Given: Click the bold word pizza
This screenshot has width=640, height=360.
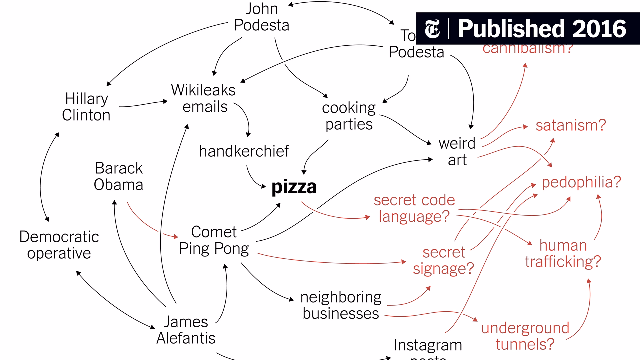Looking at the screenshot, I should pyautogui.click(x=294, y=187).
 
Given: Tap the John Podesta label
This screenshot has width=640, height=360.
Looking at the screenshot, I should pyautogui.click(x=262, y=17).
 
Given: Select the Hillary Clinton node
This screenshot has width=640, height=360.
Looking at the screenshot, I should pyautogui.click(x=86, y=107).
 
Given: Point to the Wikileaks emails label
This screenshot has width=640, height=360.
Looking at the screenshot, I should pyautogui.click(x=204, y=98).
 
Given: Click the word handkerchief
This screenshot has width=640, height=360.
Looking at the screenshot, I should pyautogui.click(x=244, y=151).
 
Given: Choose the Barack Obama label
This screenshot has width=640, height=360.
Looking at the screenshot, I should pyautogui.click(x=118, y=176).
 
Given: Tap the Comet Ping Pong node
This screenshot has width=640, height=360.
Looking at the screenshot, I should pyautogui.click(x=214, y=240).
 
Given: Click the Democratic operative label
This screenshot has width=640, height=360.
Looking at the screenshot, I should pyautogui.click(x=59, y=245).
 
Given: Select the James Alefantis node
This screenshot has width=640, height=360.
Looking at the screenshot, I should pyautogui.click(x=186, y=330).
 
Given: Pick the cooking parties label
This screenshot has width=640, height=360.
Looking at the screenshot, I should pyautogui.click(x=349, y=116).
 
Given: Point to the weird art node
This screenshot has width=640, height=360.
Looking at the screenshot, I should pyautogui.click(x=457, y=151).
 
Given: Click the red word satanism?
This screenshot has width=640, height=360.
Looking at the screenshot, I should pyautogui.click(x=571, y=126).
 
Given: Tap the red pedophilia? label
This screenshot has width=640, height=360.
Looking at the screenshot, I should pyautogui.click(x=581, y=182).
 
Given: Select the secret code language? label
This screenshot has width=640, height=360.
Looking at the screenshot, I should pyautogui.click(x=414, y=208).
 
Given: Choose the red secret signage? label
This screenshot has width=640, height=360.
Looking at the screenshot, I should pyautogui.click(x=443, y=260).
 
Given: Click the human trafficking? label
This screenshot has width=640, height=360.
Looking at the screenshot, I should pyautogui.click(x=563, y=253).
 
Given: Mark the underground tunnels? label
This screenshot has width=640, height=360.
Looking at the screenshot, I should pyautogui.click(x=525, y=336).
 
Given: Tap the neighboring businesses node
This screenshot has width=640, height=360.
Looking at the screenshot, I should pyautogui.click(x=341, y=305).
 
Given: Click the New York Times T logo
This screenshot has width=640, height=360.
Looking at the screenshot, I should pyautogui.click(x=432, y=29).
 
